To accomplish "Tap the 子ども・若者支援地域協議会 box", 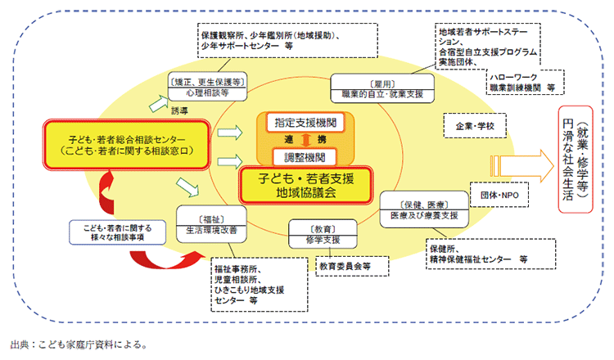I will (305, 184).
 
